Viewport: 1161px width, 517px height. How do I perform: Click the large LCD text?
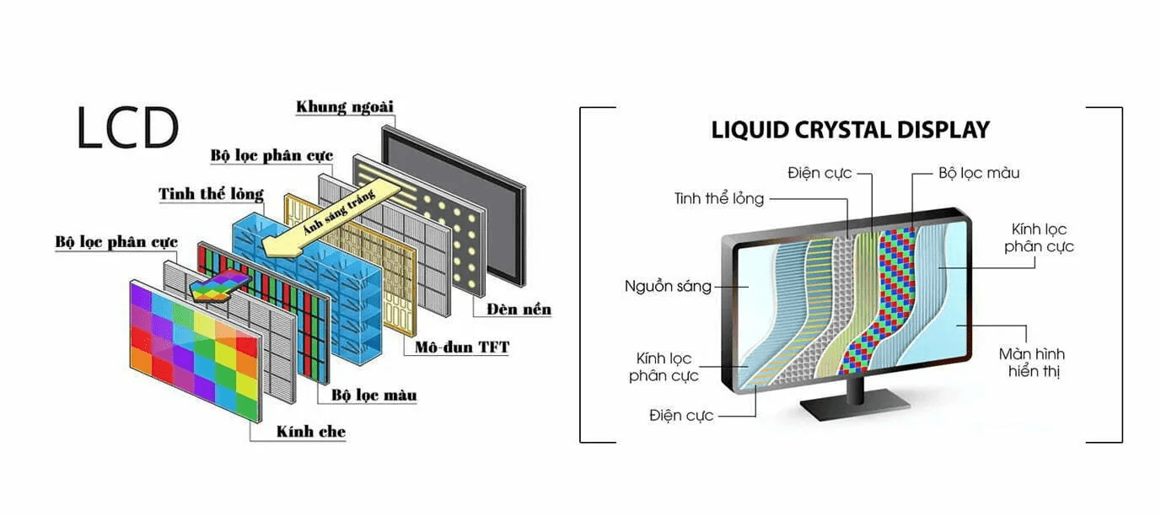(x=127, y=128)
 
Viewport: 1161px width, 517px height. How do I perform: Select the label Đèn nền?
(x=519, y=310)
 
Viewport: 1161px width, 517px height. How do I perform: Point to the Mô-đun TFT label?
(x=462, y=347)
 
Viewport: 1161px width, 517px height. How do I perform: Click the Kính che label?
(x=310, y=432)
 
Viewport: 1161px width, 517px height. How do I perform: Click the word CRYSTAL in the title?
(x=851, y=130)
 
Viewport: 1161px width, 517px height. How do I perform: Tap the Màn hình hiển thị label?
(x=1034, y=362)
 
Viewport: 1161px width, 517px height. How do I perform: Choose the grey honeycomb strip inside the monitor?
(x=830, y=295)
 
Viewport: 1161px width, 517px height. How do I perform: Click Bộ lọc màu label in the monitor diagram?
(x=978, y=173)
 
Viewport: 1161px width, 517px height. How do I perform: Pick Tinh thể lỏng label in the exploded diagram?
(x=211, y=195)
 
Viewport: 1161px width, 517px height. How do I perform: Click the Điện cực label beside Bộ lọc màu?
(x=820, y=173)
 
